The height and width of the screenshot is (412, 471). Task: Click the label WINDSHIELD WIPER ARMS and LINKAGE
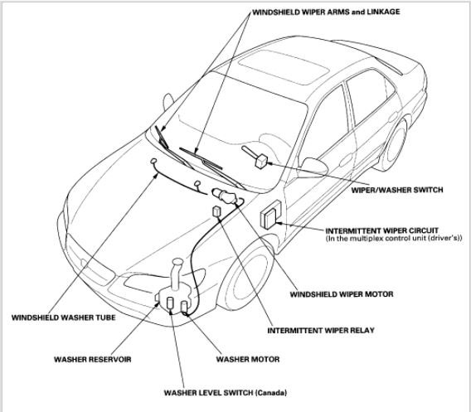click(x=326, y=12)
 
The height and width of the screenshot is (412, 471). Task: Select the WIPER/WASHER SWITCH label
click(x=397, y=190)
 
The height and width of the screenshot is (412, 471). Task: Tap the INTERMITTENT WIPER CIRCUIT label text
click(x=382, y=230)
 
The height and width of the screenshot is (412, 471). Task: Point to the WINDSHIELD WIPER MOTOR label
click(x=342, y=294)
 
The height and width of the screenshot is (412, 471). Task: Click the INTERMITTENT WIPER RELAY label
click(x=321, y=330)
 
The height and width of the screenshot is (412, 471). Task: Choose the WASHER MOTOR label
click(x=248, y=359)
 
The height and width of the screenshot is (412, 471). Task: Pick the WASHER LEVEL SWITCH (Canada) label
click(x=226, y=392)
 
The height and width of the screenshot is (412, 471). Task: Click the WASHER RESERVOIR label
click(x=93, y=359)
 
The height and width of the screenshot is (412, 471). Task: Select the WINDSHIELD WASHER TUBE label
click(x=63, y=317)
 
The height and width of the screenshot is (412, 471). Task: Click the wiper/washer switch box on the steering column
click(x=260, y=161)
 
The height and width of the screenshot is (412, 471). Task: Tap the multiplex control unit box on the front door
click(x=270, y=215)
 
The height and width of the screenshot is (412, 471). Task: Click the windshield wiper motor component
click(x=225, y=196)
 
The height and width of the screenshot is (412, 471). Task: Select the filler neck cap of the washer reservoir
click(x=177, y=263)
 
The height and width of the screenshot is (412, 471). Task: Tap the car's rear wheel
click(x=395, y=146)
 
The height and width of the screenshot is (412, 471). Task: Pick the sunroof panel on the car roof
click(x=284, y=67)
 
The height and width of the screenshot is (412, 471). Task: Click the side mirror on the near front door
click(x=314, y=167)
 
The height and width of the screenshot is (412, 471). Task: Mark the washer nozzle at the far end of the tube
click(x=153, y=162)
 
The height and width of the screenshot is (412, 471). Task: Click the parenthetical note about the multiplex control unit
click(x=394, y=239)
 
